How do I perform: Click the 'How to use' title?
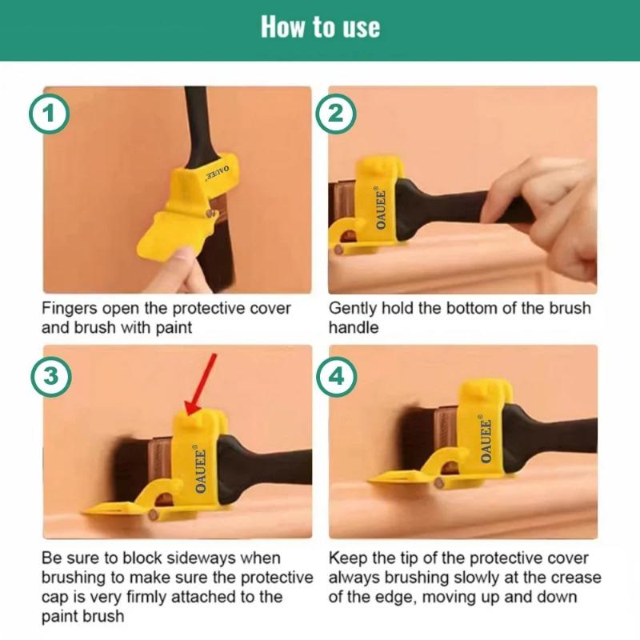320,27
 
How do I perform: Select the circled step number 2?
335,114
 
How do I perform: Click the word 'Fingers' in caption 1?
68,308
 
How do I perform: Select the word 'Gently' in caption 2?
352,308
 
